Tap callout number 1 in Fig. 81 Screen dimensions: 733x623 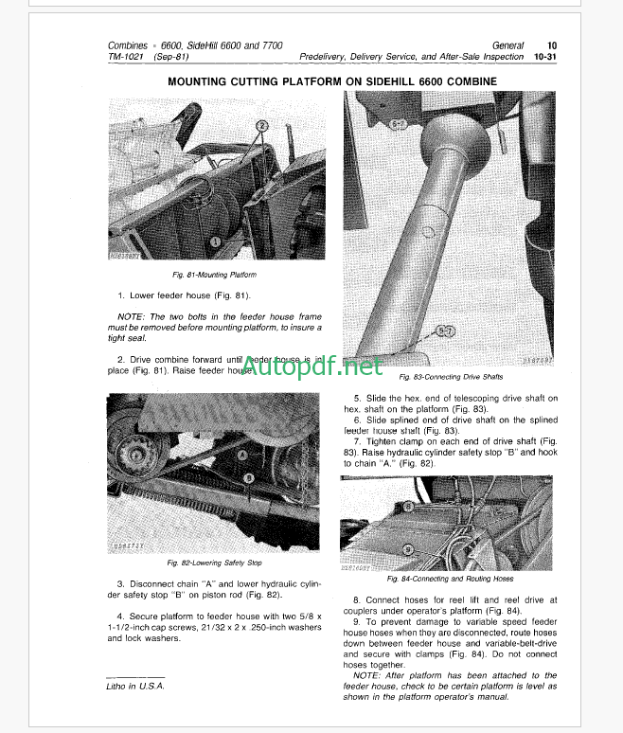(x=215, y=242)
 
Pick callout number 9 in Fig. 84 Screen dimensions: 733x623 (x=408, y=548)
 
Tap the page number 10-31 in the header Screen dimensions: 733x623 (x=544, y=57)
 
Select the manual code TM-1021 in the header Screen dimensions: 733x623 (x=127, y=57)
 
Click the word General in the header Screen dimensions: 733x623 (x=508, y=45)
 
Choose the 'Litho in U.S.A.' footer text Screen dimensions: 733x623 (x=132, y=685)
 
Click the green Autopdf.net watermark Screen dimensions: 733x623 (x=311, y=365)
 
